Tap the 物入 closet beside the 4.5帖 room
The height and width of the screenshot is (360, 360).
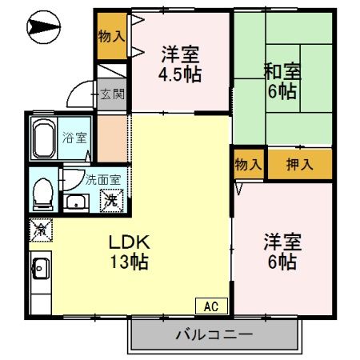click(111, 36)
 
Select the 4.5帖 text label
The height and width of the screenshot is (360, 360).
click(179, 75)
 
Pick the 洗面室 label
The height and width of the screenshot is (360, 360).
click(102, 180)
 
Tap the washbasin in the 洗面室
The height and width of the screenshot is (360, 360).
click(78, 200)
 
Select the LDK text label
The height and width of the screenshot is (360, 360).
click(126, 242)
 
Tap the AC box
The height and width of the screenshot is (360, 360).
click(210, 305)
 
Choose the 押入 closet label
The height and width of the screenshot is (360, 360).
click(299, 165)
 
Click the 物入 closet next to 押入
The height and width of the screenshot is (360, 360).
click(248, 165)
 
